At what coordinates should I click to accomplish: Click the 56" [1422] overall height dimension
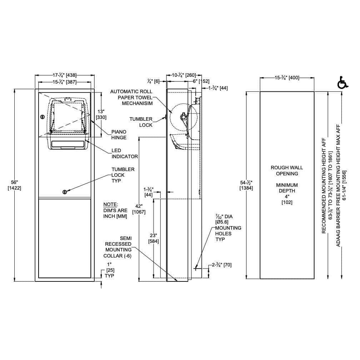(14, 185)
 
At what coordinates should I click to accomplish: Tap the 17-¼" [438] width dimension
(65, 75)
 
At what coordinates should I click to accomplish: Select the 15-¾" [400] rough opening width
(287, 77)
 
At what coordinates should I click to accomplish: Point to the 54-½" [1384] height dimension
(246, 185)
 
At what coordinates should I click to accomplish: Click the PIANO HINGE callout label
(119, 135)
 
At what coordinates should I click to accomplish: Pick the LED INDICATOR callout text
(125, 154)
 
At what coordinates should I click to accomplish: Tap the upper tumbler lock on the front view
(42, 116)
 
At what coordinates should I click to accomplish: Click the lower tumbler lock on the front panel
(65, 191)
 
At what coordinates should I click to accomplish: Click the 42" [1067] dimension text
(139, 209)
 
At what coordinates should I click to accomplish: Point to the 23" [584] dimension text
(153, 238)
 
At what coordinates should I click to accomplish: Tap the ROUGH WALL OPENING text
(287, 170)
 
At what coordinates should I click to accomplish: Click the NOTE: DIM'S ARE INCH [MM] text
(115, 210)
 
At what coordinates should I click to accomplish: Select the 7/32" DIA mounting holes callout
(227, 227)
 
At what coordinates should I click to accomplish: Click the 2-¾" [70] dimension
(222, 265)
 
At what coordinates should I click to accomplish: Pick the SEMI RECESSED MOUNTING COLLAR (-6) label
(117, 247)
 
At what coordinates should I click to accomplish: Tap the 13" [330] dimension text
(101, 114)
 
